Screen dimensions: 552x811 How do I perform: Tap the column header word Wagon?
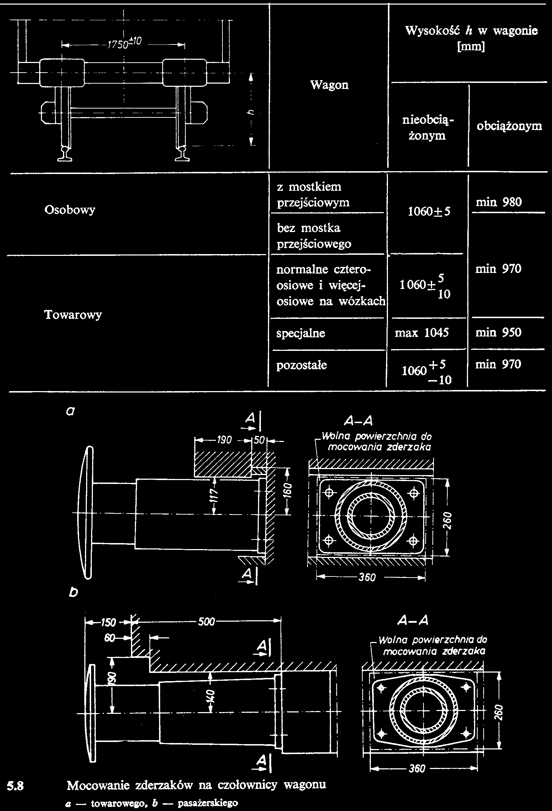click(329, 85)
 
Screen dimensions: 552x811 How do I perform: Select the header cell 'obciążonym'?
click(509, 126)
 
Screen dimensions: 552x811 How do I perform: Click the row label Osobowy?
click(70, 210)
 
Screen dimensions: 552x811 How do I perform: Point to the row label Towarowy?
click(73, 315)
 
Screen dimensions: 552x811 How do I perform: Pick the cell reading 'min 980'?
click(499, 202)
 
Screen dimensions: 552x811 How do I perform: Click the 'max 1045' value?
click(422, 333)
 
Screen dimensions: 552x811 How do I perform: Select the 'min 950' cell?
click(499, 333)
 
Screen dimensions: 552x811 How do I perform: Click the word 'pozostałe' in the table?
click(302, 365)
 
